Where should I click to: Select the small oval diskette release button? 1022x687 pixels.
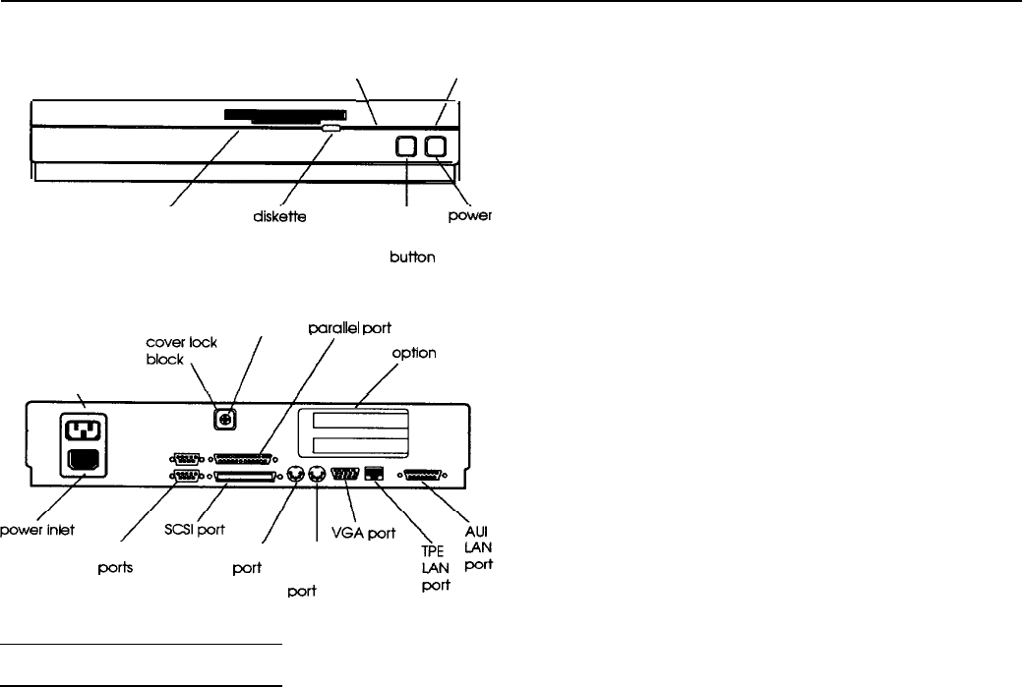331,128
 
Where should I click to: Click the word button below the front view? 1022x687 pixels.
412,258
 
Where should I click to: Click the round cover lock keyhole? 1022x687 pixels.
224,419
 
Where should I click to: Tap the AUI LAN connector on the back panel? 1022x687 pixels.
424,475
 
